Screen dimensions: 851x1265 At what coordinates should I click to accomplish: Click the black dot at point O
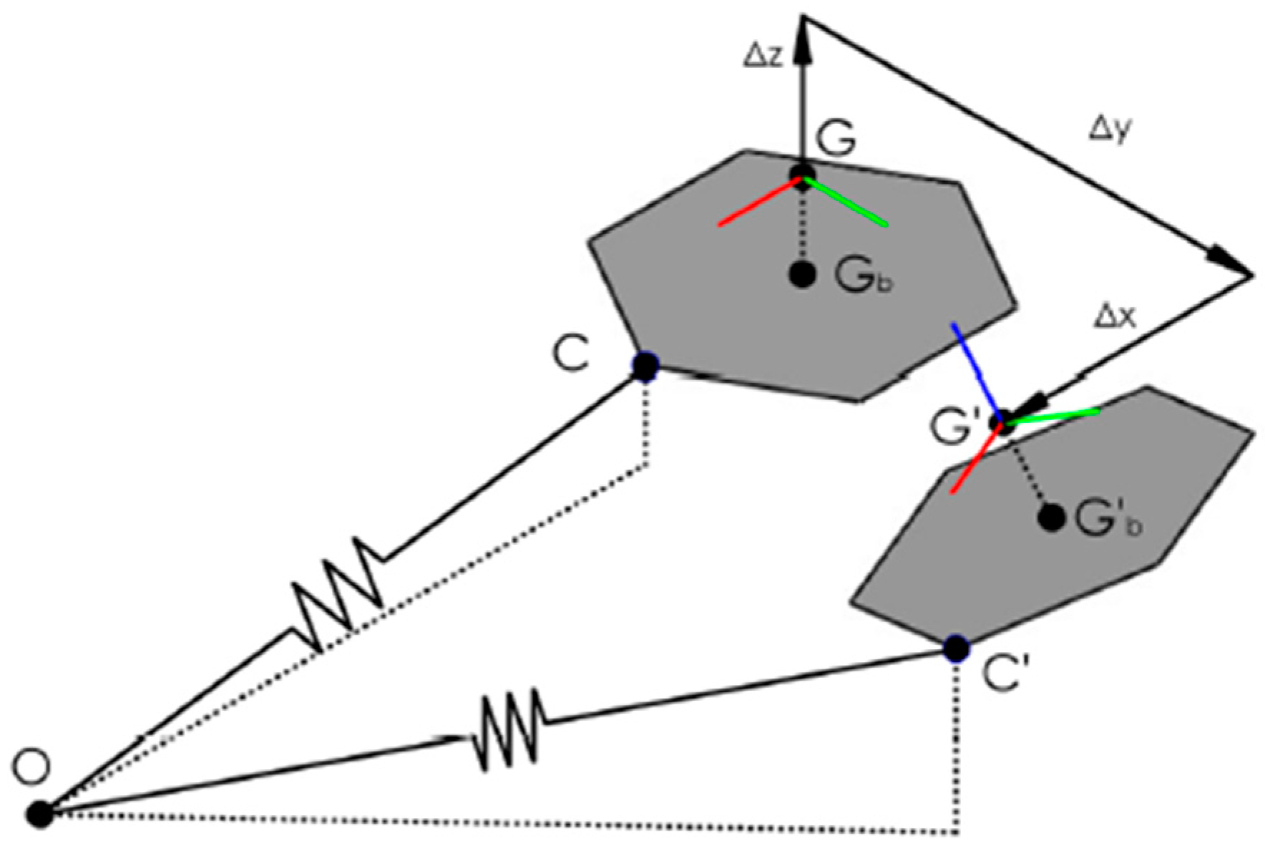point(41,814)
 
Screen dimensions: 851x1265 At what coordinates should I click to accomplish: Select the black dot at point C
point(645,366)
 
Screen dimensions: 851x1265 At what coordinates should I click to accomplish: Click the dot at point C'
point(956,648)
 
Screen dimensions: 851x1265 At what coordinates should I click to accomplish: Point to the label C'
point(1005,675)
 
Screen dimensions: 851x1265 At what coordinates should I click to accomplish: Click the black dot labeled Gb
point(803,274)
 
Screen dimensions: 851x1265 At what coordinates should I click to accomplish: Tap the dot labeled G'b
point(1051,517)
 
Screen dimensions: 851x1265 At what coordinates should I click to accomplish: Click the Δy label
point(1110,130)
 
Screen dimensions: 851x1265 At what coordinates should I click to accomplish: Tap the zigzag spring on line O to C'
point(508,730)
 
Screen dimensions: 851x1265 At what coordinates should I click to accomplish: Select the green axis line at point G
point(846,203)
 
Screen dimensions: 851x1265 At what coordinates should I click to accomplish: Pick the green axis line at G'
point(1055,416)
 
